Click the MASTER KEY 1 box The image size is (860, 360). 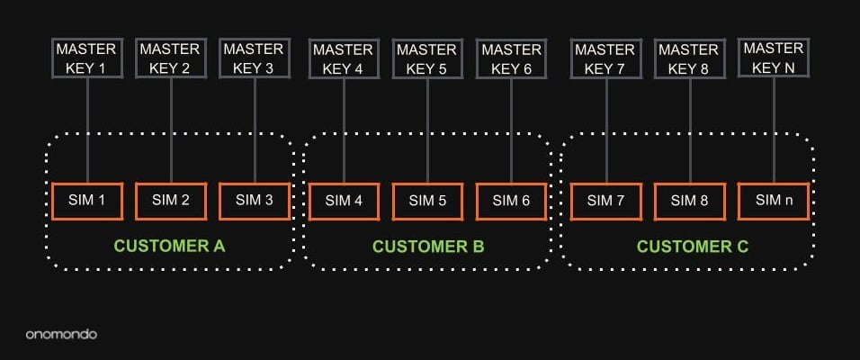tap(86, 58)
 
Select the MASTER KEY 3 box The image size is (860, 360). tap(255, 58)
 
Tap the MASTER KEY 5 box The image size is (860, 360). tap(427, 58)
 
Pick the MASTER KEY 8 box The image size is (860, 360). tap(690, 58)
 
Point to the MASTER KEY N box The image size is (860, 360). tap(773, 58)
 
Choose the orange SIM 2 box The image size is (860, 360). tap(171, 201)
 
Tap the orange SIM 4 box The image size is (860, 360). tap(343, 201)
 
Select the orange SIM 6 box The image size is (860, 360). tap(512, 201)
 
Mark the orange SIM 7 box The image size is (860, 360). tap(605, 201)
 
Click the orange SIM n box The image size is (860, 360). tap(774, 201)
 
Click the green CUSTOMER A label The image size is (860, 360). tap(169, 246)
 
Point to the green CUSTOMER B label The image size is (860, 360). tap(428, 246)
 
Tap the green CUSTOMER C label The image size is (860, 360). tap(692, 246)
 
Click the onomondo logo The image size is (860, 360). tap(61, 334)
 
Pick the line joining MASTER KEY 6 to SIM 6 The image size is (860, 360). tap(512, 130)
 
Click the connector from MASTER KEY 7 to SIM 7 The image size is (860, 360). tap(605, 130)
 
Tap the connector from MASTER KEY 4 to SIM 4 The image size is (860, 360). tap(343, 130)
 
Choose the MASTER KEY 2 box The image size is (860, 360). tap(171, 58)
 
